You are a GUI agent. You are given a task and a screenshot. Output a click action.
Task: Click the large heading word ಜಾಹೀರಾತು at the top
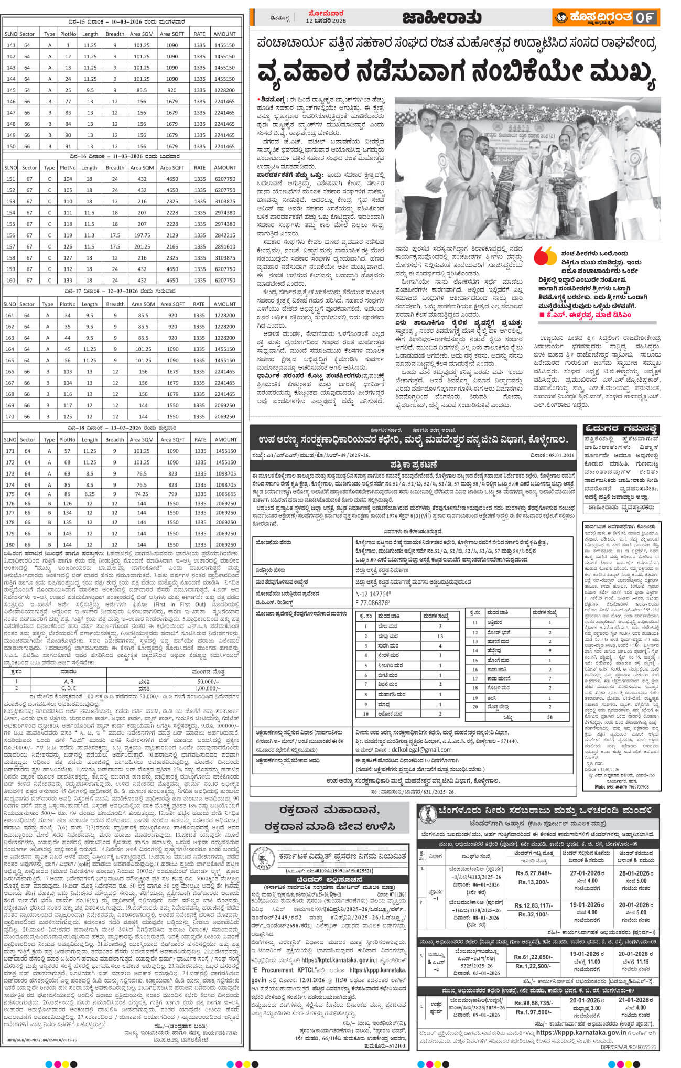point(441,18)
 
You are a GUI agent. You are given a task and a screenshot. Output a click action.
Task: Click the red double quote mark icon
point(545,256)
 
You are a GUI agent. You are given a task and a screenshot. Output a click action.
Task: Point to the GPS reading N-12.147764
point(373,595)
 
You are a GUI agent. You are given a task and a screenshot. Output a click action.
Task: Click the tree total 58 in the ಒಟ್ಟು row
point(550,717)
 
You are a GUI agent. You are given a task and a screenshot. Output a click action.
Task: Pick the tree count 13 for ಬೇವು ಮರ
point(440,636)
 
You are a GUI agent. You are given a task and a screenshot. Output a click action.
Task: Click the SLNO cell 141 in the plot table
point(10,45)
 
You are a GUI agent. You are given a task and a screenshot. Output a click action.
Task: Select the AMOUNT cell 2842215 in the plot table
point(224,235)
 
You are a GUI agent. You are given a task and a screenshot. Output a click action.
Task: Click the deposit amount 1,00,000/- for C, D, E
point(208,688)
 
